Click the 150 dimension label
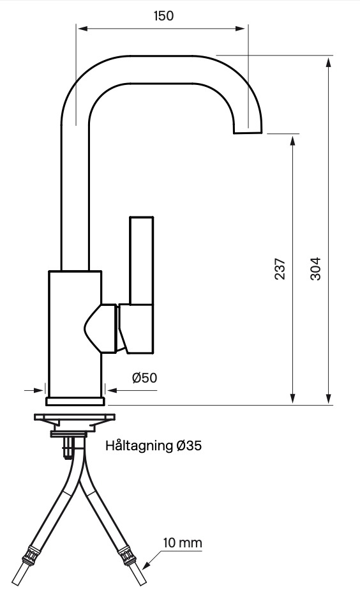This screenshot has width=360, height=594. point(163,16)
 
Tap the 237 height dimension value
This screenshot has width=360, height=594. point(280,269)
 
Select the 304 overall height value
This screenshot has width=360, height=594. point(316,269)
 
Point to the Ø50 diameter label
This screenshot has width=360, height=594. point(145,377)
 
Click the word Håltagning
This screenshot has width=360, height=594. point(139,446)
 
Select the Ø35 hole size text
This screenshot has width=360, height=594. point(189,446)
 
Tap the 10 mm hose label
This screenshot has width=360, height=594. point(183,543)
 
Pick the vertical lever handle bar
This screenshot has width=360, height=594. point(142,261)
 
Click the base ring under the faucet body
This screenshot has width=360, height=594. point(75,401)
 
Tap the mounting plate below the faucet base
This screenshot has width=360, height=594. point(75,418)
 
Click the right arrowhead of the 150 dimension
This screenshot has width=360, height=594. point(240,28)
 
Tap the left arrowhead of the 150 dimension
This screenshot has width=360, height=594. point(82,28)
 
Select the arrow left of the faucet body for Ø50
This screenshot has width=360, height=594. point(34,390)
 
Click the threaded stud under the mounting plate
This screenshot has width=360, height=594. point(68,447)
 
